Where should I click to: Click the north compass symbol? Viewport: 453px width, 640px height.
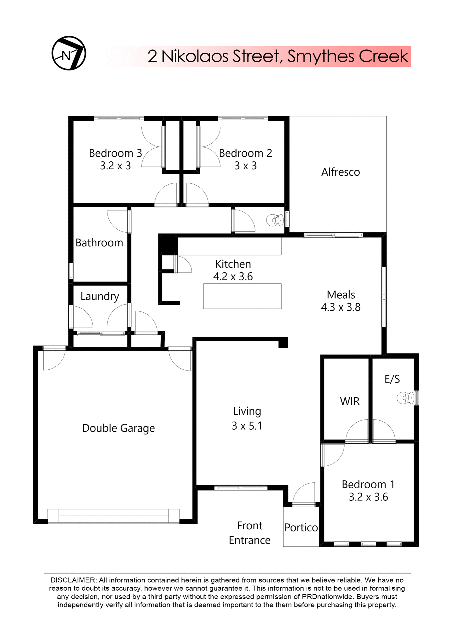(69, 53)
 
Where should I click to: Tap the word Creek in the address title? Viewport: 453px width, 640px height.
(383, 56)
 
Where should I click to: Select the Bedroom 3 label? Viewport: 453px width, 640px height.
(115, 153)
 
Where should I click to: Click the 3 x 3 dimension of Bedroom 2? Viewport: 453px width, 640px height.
(246, 166)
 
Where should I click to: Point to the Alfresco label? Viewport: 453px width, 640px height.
(340, 172)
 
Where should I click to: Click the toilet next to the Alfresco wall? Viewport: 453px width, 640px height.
(275, 220)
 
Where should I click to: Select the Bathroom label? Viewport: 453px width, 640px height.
(99, 243)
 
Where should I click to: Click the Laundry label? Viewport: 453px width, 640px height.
(100, 296)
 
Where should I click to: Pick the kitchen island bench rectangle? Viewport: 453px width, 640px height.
(242, 296)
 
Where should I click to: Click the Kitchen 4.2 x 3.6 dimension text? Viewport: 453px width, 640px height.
(233, 277)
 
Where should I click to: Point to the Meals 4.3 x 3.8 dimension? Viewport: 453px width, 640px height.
(341, 307)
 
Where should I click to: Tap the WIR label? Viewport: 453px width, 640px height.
(350, 401)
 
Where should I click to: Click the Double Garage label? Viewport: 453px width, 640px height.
(118, 428)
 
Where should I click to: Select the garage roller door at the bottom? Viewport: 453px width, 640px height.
(113, 516)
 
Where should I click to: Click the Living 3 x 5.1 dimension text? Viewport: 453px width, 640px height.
(247, 426)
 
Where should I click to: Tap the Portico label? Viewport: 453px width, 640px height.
(301, 528)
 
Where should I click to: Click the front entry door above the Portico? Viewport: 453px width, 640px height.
(303, 504)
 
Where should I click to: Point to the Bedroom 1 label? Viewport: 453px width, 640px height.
(368, 484)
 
